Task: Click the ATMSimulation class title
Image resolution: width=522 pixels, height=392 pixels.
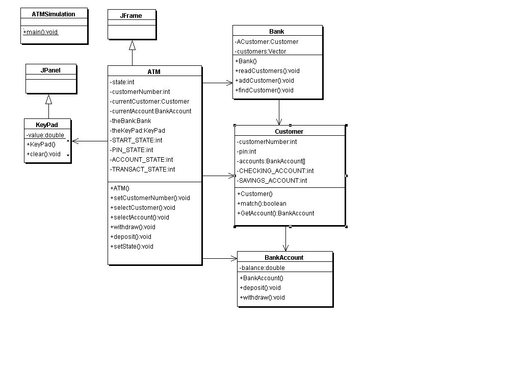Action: (x=54, y=14)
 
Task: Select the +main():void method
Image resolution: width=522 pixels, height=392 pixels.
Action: (x=41, y=32)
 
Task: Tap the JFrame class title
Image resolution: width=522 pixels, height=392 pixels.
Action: (x=131, y=16)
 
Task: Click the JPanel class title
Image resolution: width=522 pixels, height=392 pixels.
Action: (x=50, y=70)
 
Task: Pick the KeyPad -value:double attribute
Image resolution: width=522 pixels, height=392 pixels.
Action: (x=45, y=135)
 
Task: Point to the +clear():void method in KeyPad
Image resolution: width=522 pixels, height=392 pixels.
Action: (x=44, y=154)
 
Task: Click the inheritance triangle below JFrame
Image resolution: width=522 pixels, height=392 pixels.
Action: (x=132, y=45)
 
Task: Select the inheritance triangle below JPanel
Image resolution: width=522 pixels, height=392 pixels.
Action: (x=48, y=99)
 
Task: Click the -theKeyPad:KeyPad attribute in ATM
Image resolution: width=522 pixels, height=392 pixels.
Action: (x=138, y=130)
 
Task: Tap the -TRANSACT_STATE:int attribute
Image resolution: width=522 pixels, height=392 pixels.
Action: (x=143, y=169)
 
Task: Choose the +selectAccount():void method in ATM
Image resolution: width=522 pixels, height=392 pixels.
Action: (x=140, y=217)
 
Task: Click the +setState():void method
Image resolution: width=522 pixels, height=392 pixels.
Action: (x=132, y=247)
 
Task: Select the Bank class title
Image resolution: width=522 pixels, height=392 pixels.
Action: (x=277, y=31)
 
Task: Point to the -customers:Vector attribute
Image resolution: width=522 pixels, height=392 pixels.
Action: (x=260, y=52)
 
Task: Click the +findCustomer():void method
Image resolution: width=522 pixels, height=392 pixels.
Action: (x=265, y=90)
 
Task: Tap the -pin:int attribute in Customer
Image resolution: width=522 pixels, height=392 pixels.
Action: (x=247, y=151)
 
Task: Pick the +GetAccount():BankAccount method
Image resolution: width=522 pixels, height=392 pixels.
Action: (x=276, y=213)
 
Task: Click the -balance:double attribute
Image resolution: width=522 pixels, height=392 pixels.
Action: (x=263, y=267)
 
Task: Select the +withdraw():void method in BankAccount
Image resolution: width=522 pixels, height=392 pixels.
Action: (x=263, y=298)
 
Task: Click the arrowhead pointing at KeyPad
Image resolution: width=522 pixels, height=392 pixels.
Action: (x=75, y=141)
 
